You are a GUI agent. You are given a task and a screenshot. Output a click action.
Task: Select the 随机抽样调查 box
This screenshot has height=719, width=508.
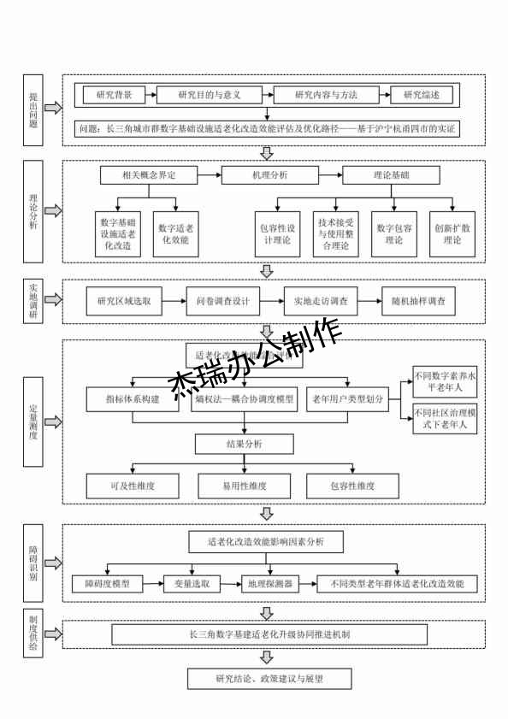point(418,301)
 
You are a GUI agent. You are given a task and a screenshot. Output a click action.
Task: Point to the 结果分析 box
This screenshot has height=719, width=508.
point(245,445)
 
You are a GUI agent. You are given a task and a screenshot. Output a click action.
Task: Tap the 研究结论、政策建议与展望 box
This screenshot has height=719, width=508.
point(269,680)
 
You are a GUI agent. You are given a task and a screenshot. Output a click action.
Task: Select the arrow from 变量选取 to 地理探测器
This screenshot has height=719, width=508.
point(230,584)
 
